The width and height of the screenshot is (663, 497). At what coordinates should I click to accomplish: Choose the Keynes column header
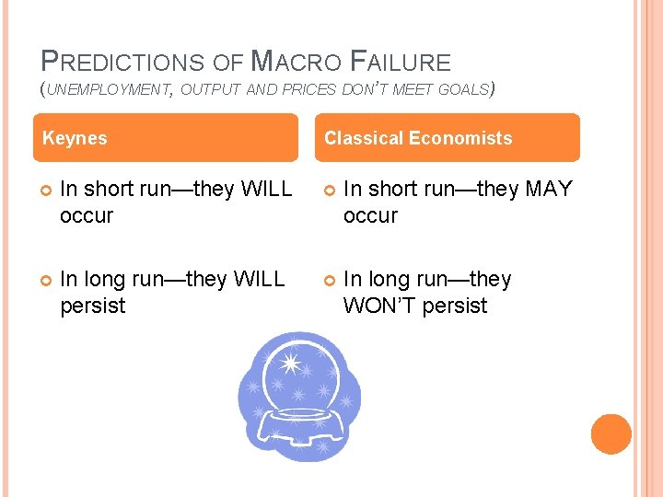pos(76,138)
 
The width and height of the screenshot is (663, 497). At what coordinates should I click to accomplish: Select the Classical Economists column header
pos(418,138)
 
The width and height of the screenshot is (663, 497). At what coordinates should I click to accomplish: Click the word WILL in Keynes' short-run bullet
pos(266,190)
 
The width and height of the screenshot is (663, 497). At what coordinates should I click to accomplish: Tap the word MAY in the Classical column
pos(549,190)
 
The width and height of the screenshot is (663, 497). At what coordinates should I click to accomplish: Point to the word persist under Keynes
pos(92,306)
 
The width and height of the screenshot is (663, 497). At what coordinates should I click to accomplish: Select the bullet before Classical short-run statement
pos(329,191)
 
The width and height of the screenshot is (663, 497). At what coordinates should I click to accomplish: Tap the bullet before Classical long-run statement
pos(329,280)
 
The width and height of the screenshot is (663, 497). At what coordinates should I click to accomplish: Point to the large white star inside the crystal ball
pos(291,364)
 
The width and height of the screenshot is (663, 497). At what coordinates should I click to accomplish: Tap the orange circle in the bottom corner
pos(611,434)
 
